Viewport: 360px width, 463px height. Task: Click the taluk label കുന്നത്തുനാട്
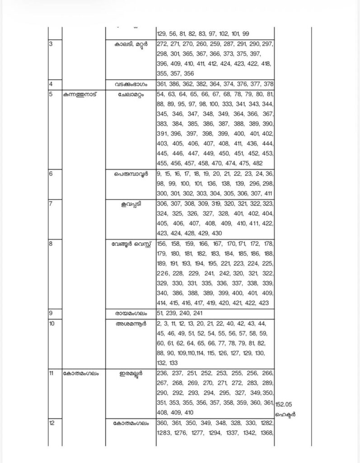pos(81,94)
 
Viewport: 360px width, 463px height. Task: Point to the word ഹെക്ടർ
pos(286,414)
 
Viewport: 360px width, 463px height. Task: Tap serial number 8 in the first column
pos(51,244)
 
